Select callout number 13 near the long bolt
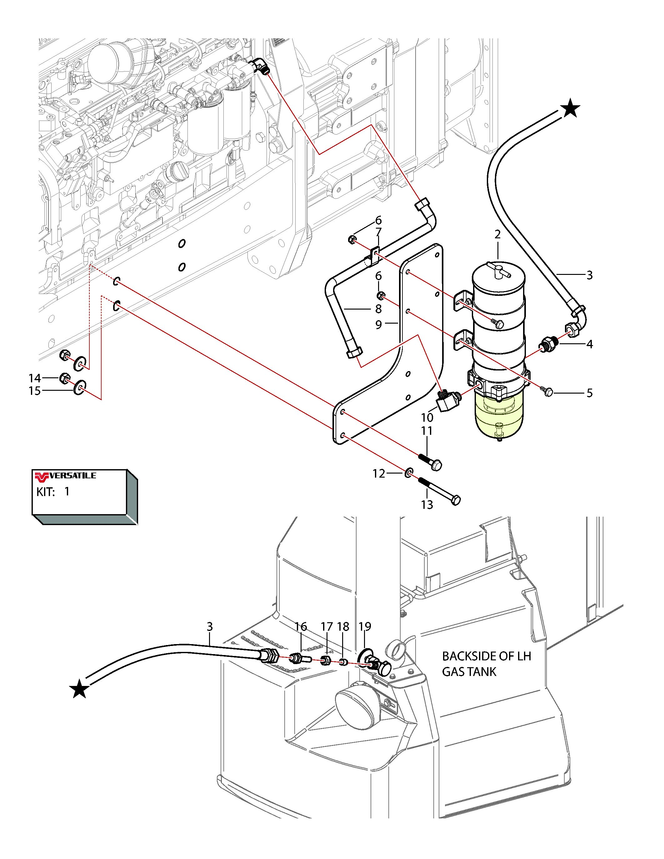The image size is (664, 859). [427, 504]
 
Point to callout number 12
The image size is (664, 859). [378, 474]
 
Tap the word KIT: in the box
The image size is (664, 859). [46, 492]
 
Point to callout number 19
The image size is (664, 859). [365, 626]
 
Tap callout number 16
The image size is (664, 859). [301, 626]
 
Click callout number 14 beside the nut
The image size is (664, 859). [35, 378]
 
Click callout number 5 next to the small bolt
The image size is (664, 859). [589, 393]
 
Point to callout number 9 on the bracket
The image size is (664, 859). [378, 325]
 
